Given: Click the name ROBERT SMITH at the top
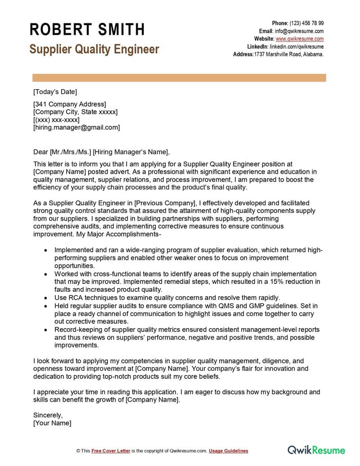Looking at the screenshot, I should point(87,30).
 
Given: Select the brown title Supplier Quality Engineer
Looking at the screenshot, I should point(94,49).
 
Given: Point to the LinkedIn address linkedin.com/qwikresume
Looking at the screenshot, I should point(297,46).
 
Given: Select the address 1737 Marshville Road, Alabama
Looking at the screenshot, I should point(289,54).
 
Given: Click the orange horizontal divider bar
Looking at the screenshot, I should point(179,78).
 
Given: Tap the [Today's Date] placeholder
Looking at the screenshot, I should point(55,92).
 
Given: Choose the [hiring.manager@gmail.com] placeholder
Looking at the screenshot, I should point(76,127).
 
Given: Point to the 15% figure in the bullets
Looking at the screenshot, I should point(267,282).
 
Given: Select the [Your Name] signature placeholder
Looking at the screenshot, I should point(52,423).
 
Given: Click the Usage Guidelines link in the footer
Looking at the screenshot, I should point(228,451).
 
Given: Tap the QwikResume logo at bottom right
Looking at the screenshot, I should point(316,450).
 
